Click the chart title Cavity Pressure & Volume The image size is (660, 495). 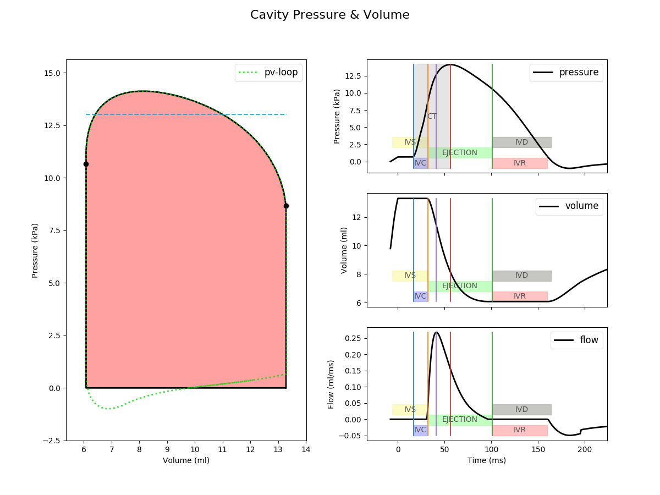click(330, 15)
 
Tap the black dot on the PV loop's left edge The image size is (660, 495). click(86, 164)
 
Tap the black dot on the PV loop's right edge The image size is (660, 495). click(286, 206)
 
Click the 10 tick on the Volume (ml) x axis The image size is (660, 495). click(195, 449)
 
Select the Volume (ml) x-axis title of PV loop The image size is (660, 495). click(186, 460)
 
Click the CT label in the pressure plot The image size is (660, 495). click(432, 117)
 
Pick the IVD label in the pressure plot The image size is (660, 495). click(521, 142)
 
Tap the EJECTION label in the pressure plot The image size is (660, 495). click(460, 153)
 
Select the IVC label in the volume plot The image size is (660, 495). click(420, 296)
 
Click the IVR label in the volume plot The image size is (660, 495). click(520, 296)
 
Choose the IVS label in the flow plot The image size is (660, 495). click(410, 410)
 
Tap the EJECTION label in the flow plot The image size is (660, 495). click(460, 420)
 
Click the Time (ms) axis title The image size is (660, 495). click(487, 460)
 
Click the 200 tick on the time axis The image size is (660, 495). click(585, 449)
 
